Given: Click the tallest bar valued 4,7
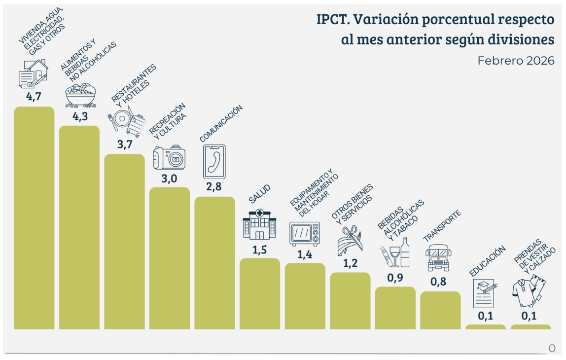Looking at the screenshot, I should click(x=34, y=217).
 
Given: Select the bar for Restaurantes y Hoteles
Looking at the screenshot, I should click(x=124, y=242).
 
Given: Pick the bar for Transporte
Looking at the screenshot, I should click(x=440, y=310).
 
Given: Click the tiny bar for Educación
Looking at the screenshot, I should click(x=486, y=326).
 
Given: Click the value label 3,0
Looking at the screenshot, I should click(x=169, y=179).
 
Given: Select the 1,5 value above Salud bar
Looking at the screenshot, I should click(x=259, y=250).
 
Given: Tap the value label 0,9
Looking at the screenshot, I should click(x=395, y=278).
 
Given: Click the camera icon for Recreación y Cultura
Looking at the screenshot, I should click(x=169, y=158).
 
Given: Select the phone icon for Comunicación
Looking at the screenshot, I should click(x=214, y=161).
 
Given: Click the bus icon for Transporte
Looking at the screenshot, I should click(x=438, y=258).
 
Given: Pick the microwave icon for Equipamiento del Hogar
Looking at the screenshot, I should click(x=304, y=234).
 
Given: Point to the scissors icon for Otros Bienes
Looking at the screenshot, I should click(x=350, y=240).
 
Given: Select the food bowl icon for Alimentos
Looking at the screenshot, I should click(x=80, y=95).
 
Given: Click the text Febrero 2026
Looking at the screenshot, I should click(x=516, y=61).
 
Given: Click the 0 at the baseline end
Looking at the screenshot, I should click(x=553, y=348).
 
